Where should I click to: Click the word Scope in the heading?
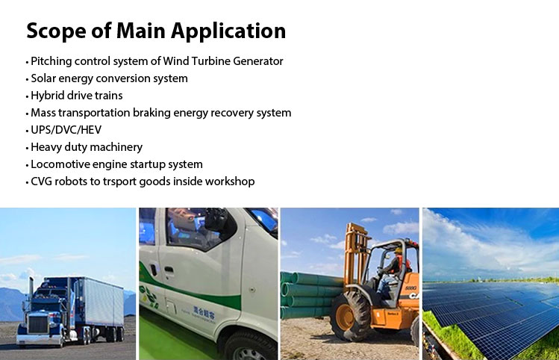56,31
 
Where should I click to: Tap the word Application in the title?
228,31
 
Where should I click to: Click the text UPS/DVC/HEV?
66,130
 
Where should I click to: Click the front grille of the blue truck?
38,324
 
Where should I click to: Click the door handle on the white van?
169,270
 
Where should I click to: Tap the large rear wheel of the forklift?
350,317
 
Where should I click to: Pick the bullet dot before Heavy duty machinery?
27,148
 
